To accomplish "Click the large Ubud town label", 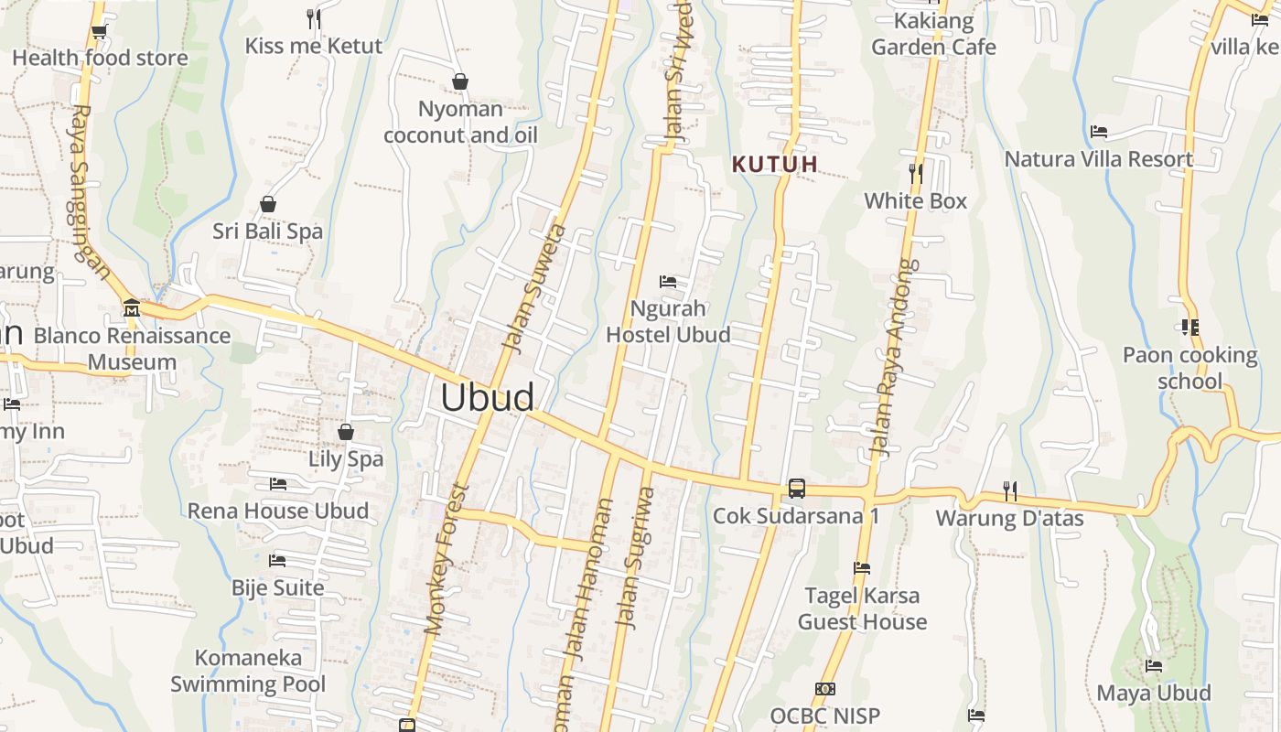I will (x=488, y=397).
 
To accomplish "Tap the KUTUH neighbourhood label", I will (x=774, y=165).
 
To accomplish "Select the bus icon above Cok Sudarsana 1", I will (x=797, y=489).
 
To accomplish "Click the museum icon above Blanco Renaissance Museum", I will (x=132, y=307).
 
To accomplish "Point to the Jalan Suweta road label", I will (x=535, y=287).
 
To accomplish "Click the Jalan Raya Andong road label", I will (x=892, y=358).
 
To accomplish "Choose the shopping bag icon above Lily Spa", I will (x=346, y=432).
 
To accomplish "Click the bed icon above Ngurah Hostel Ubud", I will (x=668, y=281).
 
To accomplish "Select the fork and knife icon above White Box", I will (x=915, y=173).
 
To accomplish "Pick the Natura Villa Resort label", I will (x=1098, y=159).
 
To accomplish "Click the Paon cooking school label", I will (x=1189, y=368).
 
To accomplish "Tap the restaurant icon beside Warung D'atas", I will (x=1009, y=491).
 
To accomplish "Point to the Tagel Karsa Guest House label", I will (x=862, y=608).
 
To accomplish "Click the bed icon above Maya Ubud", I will (x=1154, y=666).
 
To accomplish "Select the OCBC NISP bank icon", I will (x=824, y=689).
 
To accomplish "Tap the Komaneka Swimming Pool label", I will (x=248, y=671).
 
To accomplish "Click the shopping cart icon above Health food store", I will (x=99, y=32).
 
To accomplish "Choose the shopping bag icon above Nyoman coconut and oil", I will (x=460, y=82).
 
